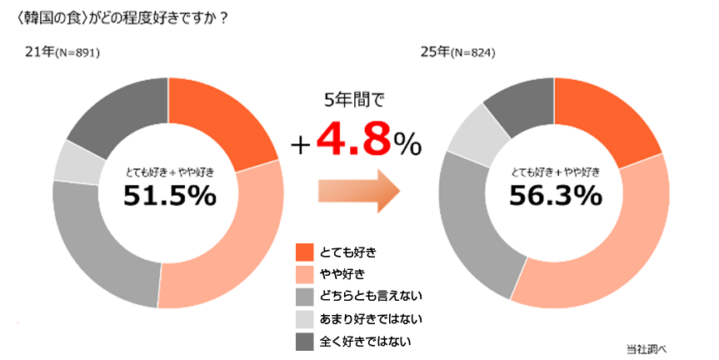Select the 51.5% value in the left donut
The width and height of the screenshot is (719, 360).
click(169, 196)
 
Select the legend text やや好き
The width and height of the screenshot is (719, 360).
click(342, 273)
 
